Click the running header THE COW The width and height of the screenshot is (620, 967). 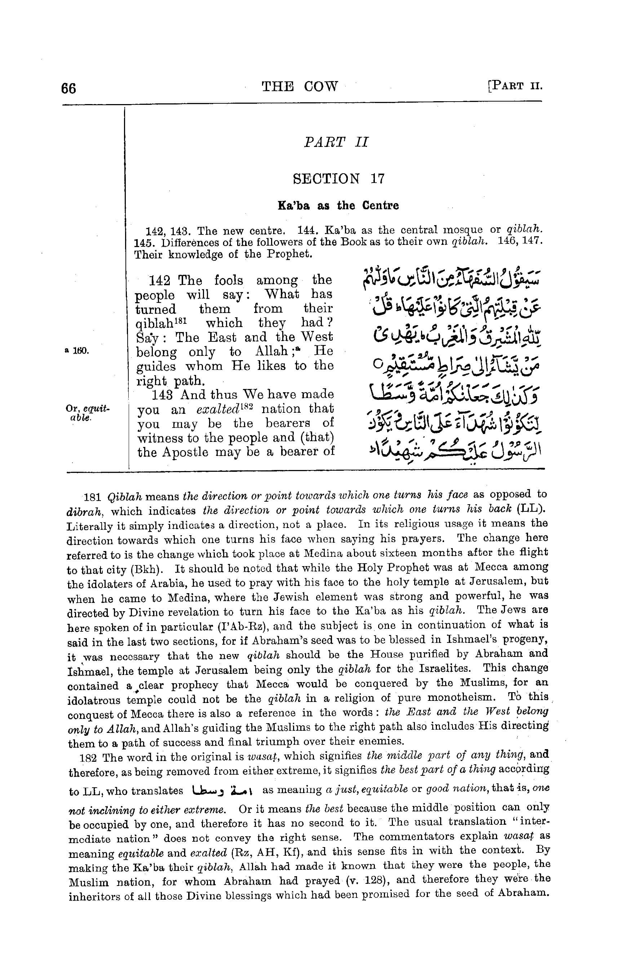(x=300, y=86)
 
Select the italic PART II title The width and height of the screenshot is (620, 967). (x=336, y=142)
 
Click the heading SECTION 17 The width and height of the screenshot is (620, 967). (x=338, y=178)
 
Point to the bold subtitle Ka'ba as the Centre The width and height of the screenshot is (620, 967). (x=338, y=206)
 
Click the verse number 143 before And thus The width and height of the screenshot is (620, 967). (x=162, y=395)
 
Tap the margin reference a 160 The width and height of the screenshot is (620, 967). (x=76, y=351)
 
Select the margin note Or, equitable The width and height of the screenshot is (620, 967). (x=87, y=413)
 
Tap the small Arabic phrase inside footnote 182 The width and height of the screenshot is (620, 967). (x=223, y=789)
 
